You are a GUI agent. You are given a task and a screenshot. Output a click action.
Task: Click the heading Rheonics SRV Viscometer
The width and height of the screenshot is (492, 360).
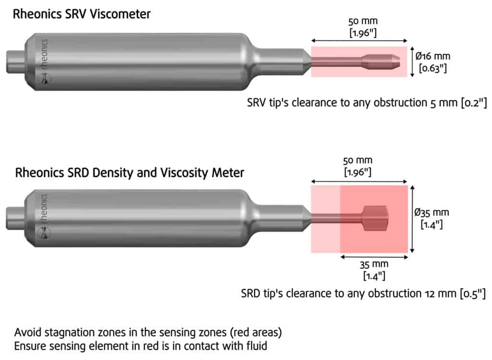[82, 14]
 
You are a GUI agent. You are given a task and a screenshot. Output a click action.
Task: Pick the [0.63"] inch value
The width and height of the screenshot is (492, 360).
[433, 68]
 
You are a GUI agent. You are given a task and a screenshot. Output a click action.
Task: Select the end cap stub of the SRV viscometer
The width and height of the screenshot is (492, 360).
[15, 61]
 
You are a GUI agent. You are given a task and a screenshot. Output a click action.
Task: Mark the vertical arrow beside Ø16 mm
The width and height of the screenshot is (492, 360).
[413, 61]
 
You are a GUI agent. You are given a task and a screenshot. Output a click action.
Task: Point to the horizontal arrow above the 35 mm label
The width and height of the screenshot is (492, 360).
[374, 257]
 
